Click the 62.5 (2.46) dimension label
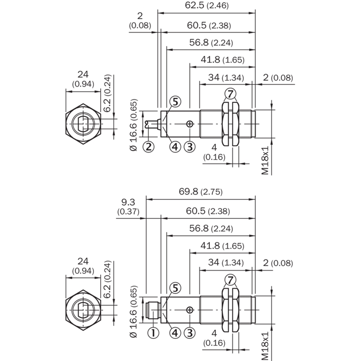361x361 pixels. tap(207, 5)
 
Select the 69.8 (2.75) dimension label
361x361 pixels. tap(201, 191)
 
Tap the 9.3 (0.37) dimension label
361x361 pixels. tap(128, 207)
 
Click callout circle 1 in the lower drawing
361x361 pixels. tap(153, 333)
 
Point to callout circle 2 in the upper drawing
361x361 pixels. tap(148, 147)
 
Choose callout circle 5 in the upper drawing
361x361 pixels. tap(175, 102)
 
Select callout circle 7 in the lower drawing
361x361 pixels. tap(230, 280)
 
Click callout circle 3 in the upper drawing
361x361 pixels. tap(190, 147)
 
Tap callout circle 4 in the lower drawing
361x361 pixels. tap(175, 333)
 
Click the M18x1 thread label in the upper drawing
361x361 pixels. tap(265, 160)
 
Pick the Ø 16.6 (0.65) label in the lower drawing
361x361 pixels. tap(134, 312)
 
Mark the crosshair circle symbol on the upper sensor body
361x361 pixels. tap(190, 124)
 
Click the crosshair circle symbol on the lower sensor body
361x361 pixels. tap(190, 310)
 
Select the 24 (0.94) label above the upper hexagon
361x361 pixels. tap(83, 79)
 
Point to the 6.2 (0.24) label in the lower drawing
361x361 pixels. tap(107, 279)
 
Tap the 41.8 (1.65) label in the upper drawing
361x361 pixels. tap(222, 60)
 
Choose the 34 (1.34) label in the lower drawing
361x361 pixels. tap(226, 263)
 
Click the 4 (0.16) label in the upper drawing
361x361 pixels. tap(214, 152)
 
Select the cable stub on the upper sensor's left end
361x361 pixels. tap(153, 124)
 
